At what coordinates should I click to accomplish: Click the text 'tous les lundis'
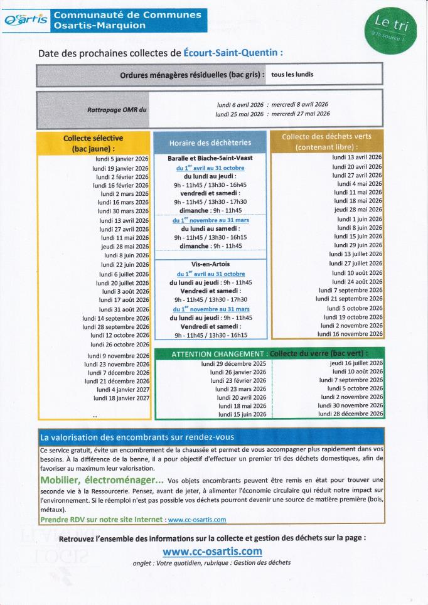pos(292,74)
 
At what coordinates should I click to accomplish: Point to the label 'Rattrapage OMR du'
pos(117,110)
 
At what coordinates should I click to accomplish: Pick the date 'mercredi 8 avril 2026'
pos(300,104)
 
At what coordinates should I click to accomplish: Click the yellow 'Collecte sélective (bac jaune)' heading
pos(94,143)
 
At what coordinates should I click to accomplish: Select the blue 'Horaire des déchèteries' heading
pos(210,142)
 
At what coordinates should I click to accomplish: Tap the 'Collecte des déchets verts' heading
pos(326,141)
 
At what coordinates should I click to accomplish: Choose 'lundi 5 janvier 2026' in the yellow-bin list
pos(122,159)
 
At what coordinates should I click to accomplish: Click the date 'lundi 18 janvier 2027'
pos(122,398)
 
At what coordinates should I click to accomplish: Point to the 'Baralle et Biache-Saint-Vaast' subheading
pos(210,158)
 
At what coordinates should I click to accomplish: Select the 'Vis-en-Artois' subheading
pos(210,265)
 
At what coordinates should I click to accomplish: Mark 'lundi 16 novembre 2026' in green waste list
pos(351,335)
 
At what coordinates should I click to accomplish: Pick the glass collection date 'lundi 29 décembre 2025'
pos(233,364)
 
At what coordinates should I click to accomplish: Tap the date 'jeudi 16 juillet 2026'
pos(356,363)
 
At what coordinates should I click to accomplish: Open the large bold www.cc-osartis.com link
pos(212,551)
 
